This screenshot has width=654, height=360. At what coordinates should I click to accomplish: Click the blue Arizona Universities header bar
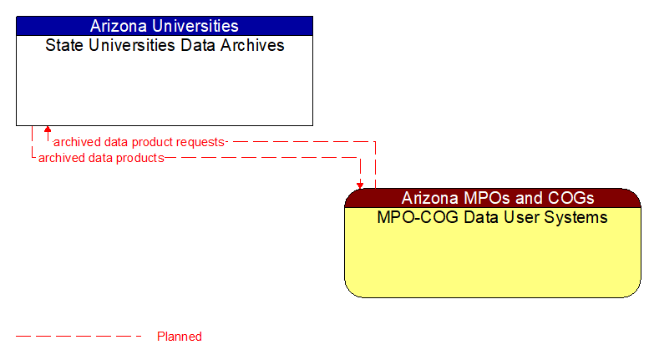click(x=165, y=26)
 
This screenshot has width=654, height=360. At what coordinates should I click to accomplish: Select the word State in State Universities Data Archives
click(x=63, y=45)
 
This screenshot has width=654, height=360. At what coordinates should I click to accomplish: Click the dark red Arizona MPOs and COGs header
click(x=493, y=198)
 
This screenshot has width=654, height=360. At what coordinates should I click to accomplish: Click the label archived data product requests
click(x=139, y=142)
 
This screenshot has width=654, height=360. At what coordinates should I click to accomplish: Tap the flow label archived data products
click(x=101, y=157)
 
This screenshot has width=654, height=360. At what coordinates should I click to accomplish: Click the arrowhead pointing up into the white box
click(x=48, y=130)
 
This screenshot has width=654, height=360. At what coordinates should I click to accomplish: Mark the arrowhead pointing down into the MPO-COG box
click(x=360, y=185)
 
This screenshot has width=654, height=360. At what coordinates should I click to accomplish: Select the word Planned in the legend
click(x=180, y=337)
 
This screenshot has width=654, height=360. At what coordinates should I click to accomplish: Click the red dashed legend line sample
click(x=79, y=337)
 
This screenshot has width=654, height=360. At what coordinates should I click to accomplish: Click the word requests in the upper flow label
click(x=200, y=142)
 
